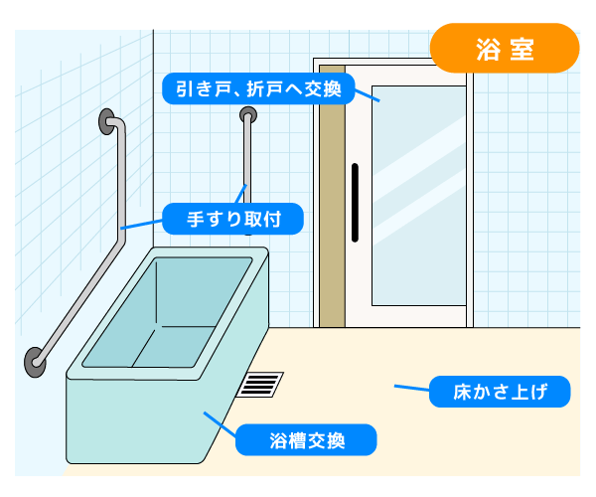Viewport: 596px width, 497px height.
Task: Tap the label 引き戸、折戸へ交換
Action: tap(253, 90)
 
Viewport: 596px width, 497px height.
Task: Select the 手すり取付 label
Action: tap(231, 218)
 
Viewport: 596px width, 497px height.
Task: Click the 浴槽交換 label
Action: tap(306, 439)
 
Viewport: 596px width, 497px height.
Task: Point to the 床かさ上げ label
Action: tap(501, 392)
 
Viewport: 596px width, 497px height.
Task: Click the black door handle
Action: tap(354, 202)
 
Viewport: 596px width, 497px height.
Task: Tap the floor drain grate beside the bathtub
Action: tap(261, 384)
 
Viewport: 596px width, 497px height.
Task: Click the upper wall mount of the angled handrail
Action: tap(106, 121)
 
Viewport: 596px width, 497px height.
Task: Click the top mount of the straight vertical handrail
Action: tap(245, 117)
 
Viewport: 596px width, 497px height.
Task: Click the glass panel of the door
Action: tap(418, 199)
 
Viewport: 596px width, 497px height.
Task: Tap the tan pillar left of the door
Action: tap(331, 199)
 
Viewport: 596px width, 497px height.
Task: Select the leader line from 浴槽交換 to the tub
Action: tap(220, 422)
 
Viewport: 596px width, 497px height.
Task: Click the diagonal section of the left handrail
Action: tap(79, 298)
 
